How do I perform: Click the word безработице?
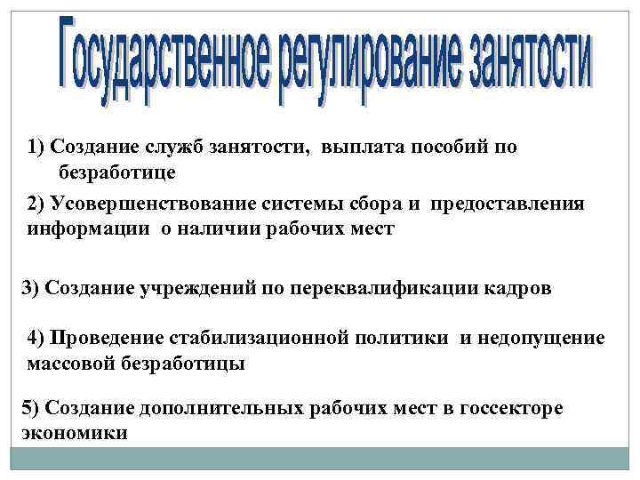117,170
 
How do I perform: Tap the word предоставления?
508,204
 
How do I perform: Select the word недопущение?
548,339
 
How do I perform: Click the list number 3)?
30,288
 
